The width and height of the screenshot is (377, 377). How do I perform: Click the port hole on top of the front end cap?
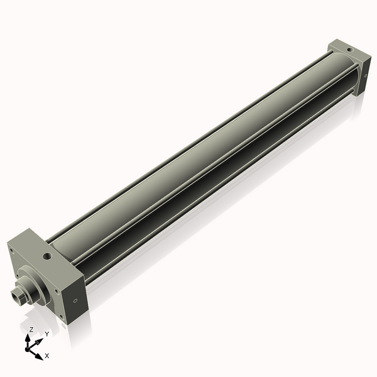(46, 256)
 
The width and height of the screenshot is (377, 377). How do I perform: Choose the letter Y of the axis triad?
(46, 334)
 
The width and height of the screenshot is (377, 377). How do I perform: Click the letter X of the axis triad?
(46, 356)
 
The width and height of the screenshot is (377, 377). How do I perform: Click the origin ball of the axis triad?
(28, 347)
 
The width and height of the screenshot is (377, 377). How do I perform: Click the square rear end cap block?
(352, 66)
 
